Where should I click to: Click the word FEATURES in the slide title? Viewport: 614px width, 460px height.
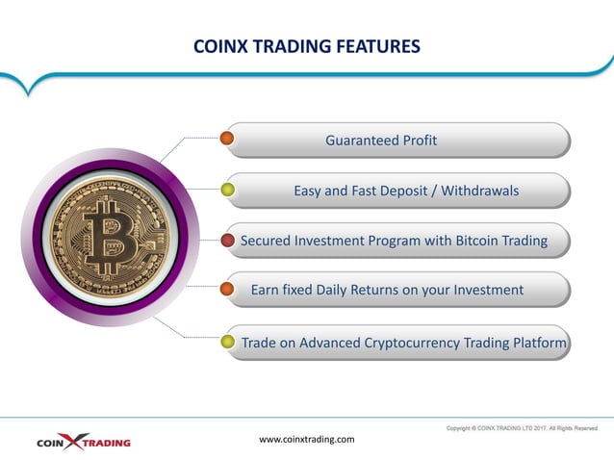click(369, 45)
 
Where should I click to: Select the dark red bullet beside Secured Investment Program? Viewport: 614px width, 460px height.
click(228, 240)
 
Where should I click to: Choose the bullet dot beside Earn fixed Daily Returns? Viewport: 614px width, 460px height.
click(228, 289)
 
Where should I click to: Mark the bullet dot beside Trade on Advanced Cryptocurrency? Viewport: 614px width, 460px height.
click(228, 342)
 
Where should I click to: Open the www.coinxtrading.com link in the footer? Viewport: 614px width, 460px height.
click(307, 439)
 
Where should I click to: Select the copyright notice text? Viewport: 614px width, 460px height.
click(522, 427)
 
